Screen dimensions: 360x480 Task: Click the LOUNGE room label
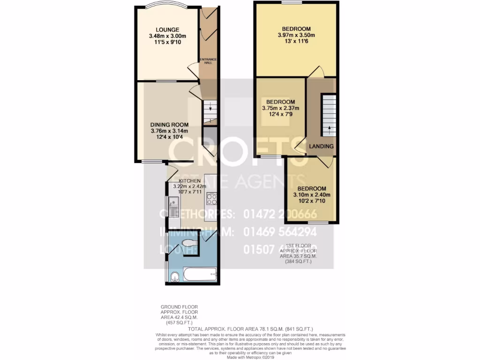[167, 30]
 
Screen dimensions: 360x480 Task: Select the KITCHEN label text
[189, 180]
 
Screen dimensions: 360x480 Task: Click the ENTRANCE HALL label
[208, 61]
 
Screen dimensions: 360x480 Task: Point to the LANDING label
[321, 147]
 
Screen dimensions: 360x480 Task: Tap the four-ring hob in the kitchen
[211, 199]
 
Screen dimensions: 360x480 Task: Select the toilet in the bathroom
[189, 243]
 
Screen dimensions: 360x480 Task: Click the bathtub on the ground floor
[199, 274]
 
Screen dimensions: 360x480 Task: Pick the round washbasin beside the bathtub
[173, 277]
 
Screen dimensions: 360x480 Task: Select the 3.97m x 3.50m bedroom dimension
[295, 35]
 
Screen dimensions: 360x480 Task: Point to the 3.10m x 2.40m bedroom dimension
[311, 195]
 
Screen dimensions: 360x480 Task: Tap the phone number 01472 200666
[280, 214]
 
